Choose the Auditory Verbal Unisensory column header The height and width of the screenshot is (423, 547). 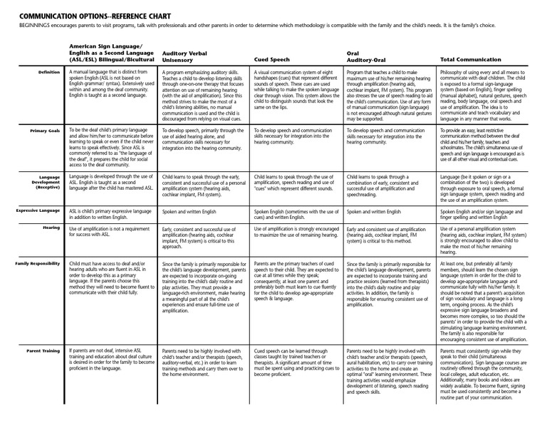(x=187, y=57)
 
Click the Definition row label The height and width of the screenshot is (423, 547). (x=46, y=73)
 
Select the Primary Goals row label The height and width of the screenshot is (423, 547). (x=44, y=131)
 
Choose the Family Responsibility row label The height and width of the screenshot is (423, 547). (x=38, y=263)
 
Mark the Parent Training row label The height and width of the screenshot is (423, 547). (x=43, y=350)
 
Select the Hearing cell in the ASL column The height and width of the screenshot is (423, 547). (x=111, y=231)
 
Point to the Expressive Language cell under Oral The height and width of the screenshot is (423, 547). (x=372, y=213)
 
